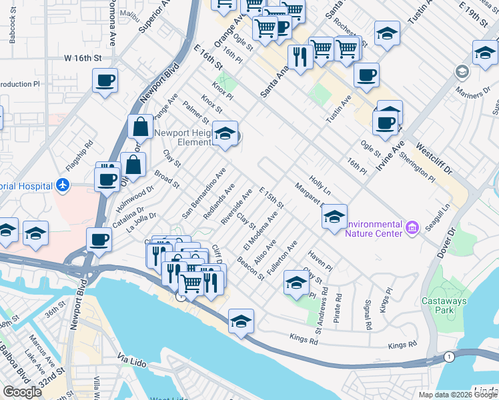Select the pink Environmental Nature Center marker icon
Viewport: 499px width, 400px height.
pos(412,229)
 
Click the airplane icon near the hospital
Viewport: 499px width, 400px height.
pos(62,184)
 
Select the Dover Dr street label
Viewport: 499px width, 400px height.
pos(454,243)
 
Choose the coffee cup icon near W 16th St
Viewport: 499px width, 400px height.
pos(105,81)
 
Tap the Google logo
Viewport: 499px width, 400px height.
pos(22,392)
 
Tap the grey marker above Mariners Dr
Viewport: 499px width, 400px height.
pos(461,71)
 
